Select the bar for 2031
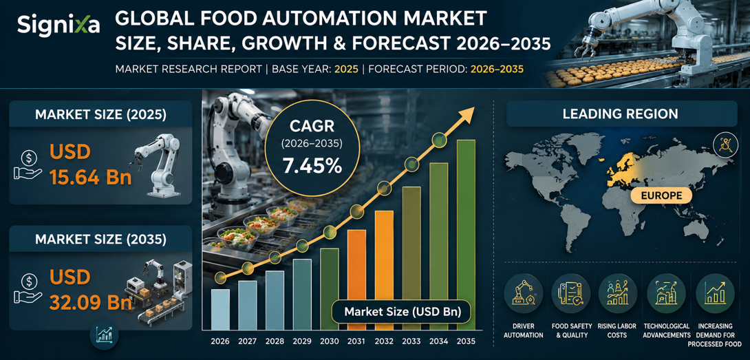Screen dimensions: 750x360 356,280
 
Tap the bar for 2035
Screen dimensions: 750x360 466,235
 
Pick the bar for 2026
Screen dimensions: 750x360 220,310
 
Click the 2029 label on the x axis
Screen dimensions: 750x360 302,341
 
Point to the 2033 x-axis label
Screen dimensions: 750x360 411,341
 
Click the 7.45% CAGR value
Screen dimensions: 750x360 312,166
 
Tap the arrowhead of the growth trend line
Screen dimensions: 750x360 467,115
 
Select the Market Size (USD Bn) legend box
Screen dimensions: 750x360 403,313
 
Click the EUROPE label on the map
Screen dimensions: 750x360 655,195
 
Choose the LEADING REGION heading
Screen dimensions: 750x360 621,114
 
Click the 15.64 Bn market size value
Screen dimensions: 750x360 90,178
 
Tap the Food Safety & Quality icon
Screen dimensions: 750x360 570,293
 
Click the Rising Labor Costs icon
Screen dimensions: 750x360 617,293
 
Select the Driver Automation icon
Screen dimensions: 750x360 524,293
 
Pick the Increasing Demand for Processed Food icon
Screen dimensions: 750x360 714,293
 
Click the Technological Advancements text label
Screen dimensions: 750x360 666,331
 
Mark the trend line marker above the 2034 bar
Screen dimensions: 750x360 440,140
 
